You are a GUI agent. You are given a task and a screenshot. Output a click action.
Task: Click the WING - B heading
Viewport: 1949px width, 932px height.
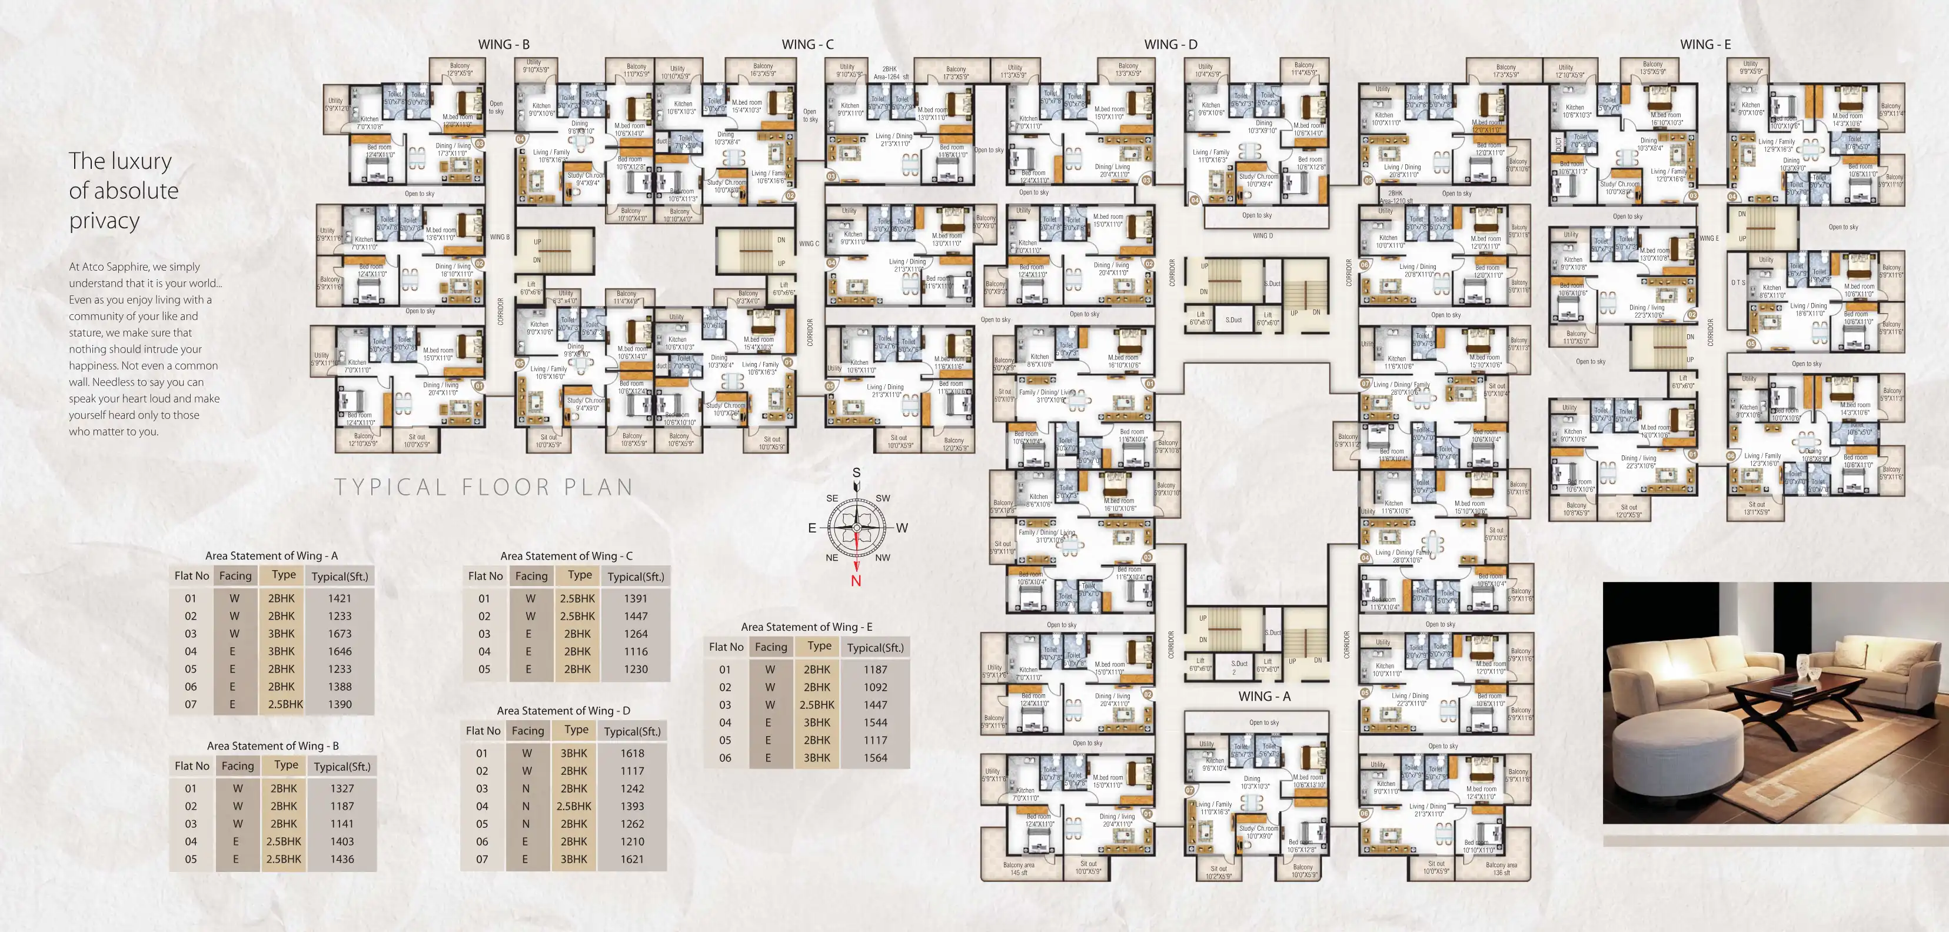503,45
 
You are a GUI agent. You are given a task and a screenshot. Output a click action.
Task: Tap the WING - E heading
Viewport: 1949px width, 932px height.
1705,45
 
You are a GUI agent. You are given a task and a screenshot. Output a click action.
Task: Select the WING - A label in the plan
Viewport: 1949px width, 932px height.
1263,696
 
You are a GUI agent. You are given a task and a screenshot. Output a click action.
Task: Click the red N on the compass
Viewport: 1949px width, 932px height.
856,581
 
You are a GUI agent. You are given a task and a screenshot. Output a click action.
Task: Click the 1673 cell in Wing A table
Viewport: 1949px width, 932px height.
339,634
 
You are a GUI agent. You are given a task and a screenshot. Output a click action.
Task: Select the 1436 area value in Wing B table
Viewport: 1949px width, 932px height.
341,860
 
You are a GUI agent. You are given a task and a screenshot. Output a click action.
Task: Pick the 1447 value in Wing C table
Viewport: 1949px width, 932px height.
635,617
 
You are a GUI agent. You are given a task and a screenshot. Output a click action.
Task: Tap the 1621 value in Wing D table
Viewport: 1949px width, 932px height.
632,860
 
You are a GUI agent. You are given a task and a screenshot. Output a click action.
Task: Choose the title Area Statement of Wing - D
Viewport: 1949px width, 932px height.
563,711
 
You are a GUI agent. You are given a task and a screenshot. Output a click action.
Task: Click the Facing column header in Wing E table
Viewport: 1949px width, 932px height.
770,647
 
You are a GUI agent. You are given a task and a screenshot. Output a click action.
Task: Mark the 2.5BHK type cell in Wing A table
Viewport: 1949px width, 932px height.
285,704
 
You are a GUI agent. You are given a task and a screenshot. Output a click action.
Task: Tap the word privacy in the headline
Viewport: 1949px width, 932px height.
104,221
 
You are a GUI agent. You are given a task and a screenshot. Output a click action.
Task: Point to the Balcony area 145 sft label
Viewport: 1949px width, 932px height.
1019,868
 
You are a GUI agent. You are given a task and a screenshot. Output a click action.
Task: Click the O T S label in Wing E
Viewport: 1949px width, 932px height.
1737,283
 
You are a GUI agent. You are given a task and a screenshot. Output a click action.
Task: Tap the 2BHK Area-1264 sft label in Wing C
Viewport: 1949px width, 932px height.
890,72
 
